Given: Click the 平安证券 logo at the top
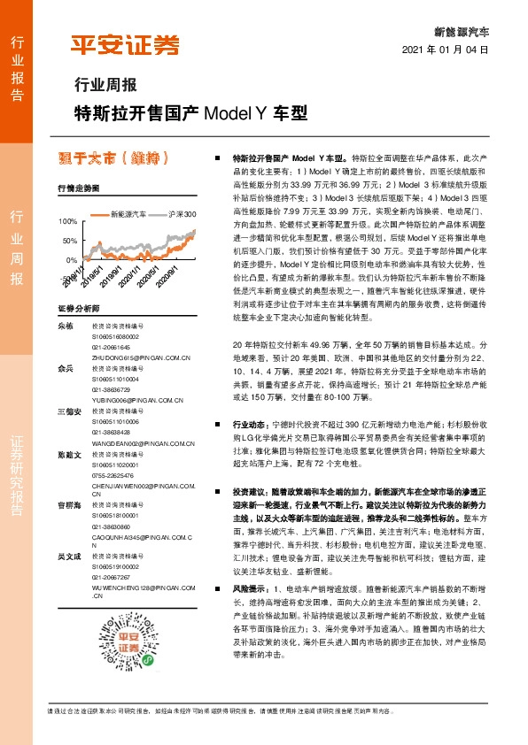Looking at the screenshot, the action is pos(126,45).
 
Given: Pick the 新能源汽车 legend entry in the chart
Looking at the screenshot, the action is pos(132,214).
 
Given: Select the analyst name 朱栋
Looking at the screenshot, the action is pos(64,326).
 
